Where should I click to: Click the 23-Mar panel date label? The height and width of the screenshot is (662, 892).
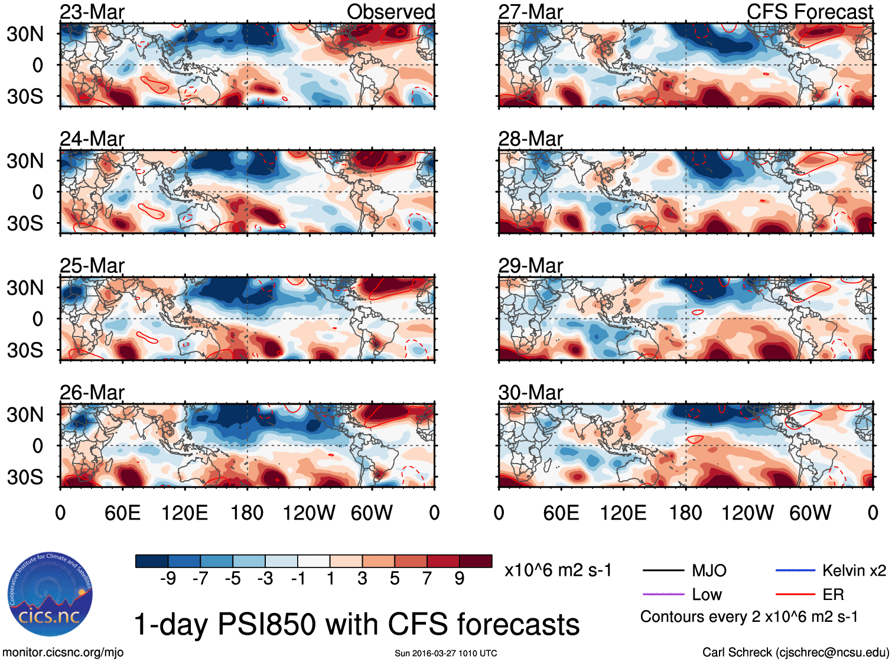pos(92,12)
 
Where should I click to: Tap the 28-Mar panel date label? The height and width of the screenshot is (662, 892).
pos(530,139)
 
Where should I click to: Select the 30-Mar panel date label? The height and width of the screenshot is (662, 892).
pos(530,393)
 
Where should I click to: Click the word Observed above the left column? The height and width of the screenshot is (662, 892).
pos(390,12)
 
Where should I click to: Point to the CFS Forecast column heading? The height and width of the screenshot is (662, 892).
pos(809,12)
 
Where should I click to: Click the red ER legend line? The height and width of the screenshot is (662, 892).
pos(795,594)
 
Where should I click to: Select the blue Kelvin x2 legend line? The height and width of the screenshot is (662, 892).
pos(795,570)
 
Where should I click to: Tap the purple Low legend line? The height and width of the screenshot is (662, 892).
pos(663,594)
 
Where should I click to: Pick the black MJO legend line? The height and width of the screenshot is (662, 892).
pos(663,570)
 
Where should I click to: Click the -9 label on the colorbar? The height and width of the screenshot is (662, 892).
pos(168,579)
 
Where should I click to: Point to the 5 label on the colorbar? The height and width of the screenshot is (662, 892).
pos(395,579)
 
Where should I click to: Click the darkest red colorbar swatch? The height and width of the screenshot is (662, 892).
pos(476,561)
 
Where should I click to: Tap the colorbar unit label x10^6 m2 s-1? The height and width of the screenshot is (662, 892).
pos(558,570)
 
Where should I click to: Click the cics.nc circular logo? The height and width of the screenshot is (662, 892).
pos(50,595)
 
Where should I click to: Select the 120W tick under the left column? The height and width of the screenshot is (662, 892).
pos(308,513)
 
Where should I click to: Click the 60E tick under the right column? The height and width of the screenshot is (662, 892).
pos(561,513)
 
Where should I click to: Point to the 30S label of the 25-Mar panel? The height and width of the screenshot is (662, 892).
pos(25,350)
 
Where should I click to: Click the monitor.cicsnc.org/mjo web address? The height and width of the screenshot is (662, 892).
pos(63,653)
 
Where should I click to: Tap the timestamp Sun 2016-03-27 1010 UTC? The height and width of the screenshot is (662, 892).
pos(446,653)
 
